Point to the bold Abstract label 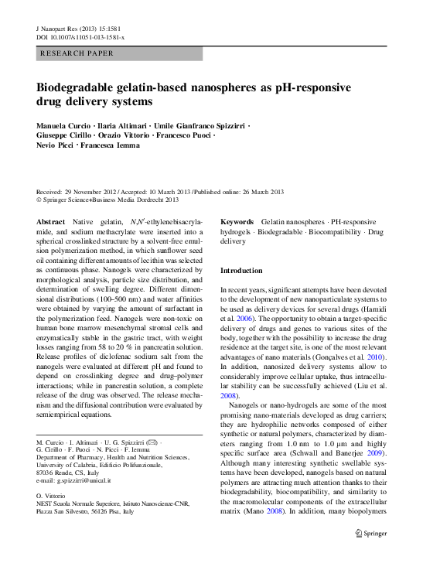51,221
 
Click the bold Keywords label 237,221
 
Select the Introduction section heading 242,271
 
